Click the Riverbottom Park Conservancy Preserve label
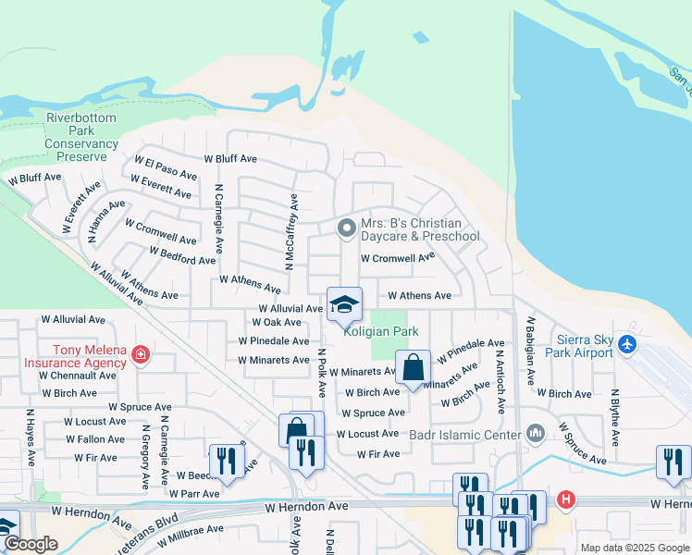(81, 138)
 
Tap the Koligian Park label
(381, 331)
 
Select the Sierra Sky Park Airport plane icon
(629, 345)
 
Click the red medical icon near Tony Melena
(140, 354)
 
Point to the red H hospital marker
(565, 500)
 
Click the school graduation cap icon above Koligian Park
(344, 304)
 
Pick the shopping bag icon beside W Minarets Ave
(413, 368)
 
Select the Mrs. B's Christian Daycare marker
(346, 228)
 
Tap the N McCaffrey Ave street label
(290, 232)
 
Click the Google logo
(31, 545)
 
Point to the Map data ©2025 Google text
(635, 548)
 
